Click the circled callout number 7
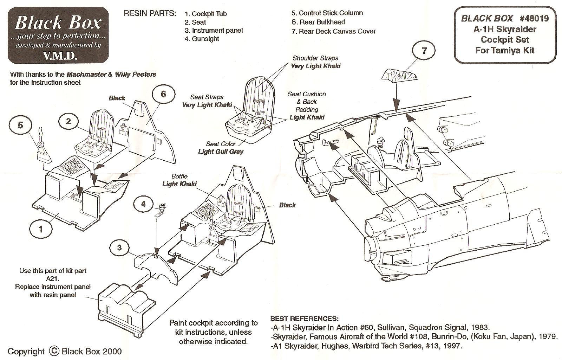tap(424, 51)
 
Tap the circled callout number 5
tap(20, 125)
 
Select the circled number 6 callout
tap(163, 94)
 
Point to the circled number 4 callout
tap(143, 204)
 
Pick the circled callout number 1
tap(41, 230)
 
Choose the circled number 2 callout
tap(68, 121)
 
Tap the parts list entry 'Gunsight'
tap(205, 39)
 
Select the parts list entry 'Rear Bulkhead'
tap(322, 22)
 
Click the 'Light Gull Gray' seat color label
tap(221, 152)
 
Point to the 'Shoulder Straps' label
tap(315, 58)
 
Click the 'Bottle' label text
tap(179, 176)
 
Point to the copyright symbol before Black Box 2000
tap(53, 351)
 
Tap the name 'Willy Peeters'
tap(136, 75)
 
